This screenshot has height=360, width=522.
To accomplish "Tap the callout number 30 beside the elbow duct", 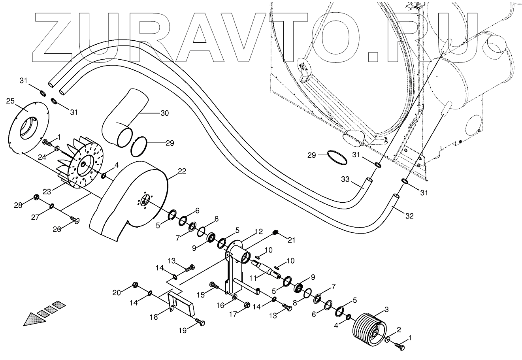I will (164, 113).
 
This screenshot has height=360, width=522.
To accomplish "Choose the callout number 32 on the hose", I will (409, 216).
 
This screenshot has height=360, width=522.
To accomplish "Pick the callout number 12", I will (258, 231).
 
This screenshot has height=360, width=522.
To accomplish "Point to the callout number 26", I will (57, 229).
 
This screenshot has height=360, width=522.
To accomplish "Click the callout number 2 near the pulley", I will (399, 330).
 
